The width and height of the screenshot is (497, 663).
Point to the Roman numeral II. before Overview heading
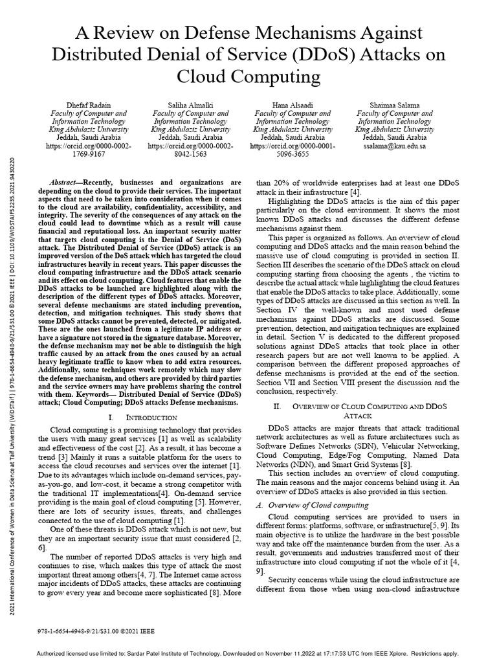click(277, 406)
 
